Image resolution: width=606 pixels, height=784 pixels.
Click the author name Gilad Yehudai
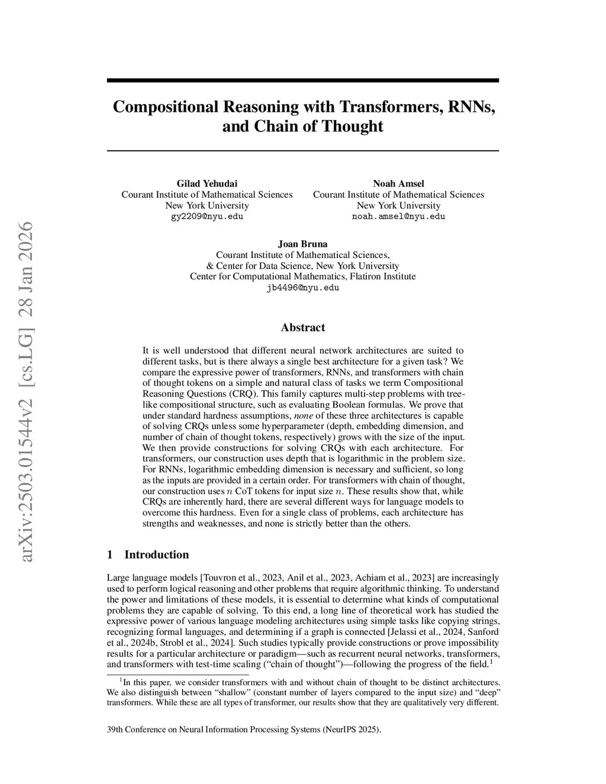point(207,183)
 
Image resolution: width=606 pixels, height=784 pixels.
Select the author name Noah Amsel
point(398,183)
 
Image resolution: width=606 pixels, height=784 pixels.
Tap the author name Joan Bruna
point(302,244)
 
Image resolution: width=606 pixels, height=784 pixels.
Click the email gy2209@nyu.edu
point(207,217)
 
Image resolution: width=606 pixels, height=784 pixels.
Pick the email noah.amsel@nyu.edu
point(398,217)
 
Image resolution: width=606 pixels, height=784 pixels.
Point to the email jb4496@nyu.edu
point(302,288)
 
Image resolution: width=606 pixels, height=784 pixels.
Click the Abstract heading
point(302,328)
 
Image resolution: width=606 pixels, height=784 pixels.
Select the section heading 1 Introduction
point(148,554)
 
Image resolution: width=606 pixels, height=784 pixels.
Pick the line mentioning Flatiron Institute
point(302,276)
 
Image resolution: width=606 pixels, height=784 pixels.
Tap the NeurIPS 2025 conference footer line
point(244,730)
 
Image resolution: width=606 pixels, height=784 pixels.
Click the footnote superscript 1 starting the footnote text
point(121,680)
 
